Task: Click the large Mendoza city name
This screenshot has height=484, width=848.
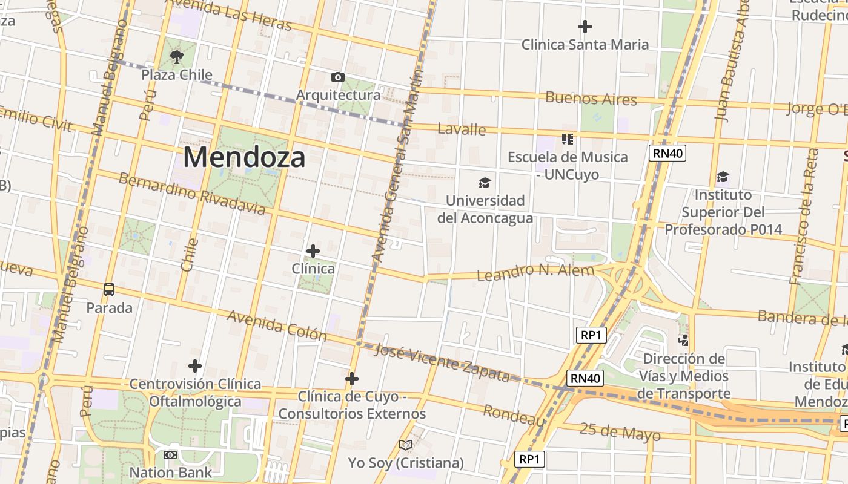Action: point(244,157)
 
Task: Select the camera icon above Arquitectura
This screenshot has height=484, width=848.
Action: point(338,77)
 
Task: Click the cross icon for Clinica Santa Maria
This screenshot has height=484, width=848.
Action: point(585,27)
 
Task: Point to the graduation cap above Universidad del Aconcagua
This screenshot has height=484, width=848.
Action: point(485,183)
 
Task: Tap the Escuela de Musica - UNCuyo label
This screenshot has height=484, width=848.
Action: point(568,165)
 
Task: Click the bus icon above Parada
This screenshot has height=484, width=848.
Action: point(109,290)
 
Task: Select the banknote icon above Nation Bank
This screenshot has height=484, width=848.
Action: point(170,454)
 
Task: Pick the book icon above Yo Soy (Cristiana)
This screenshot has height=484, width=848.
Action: point(406,445)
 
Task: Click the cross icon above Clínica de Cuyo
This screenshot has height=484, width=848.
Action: point(352,379)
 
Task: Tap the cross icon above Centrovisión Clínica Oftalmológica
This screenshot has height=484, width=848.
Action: point(195,366)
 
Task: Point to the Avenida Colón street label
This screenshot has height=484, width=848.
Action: point(277,326)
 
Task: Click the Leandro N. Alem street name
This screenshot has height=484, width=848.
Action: point(535,272)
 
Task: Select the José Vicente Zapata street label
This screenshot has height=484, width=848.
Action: point(442,362)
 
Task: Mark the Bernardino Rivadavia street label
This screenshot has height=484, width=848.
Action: point(191,194)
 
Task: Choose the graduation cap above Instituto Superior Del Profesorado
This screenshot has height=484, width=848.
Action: point(723,177)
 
